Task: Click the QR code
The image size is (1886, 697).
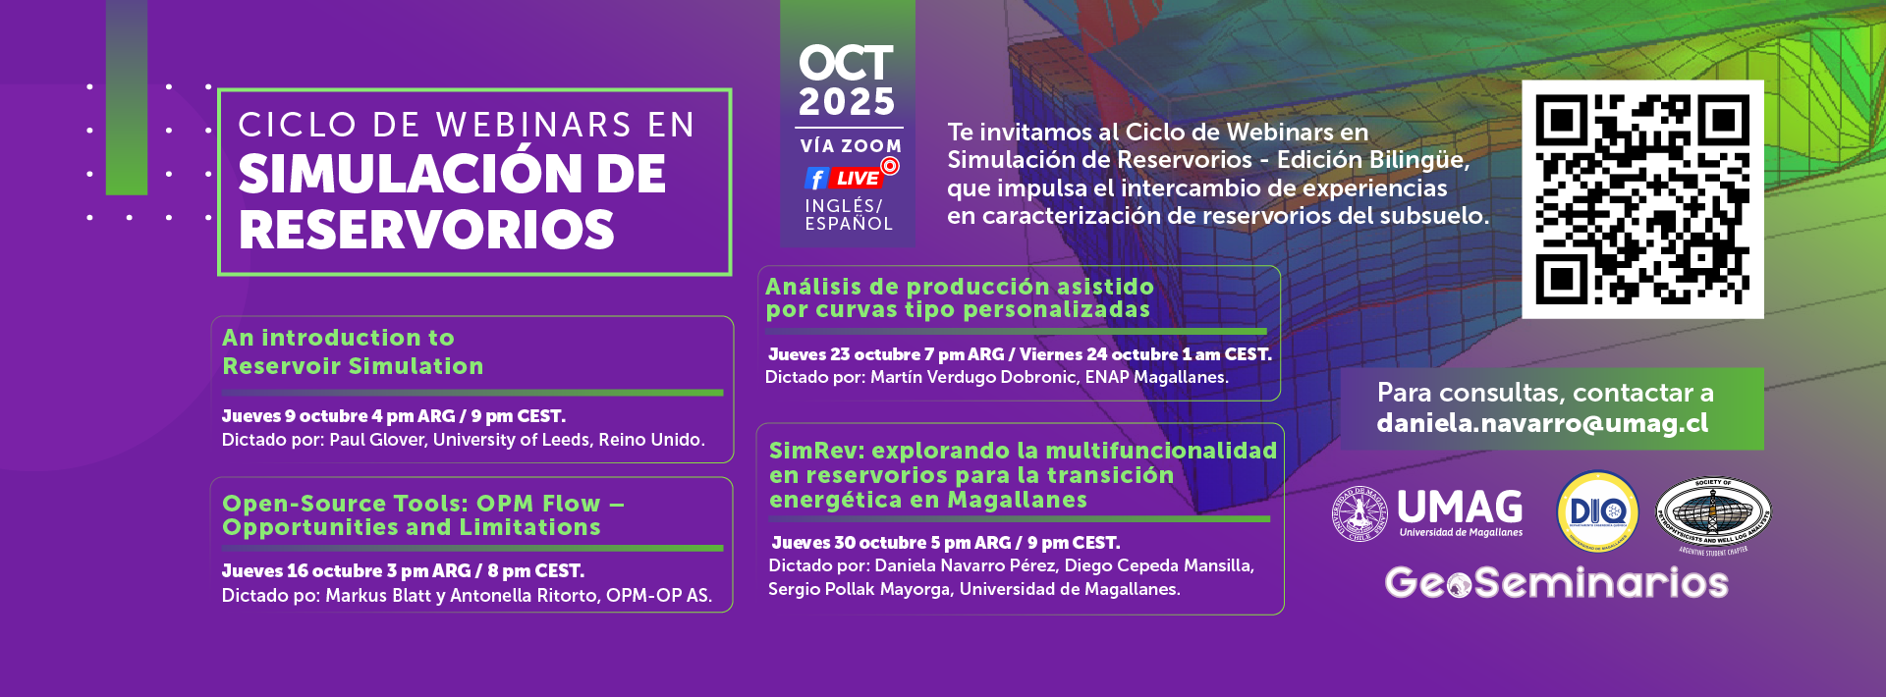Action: tap(1642, 199)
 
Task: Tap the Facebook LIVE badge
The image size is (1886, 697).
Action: tap(851, 175)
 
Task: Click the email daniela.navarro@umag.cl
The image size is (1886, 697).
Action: tap(1542, 423)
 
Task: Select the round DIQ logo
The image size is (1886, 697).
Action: tap(1597, 511)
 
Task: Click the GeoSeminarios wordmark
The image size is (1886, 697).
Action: tap(1556, 583)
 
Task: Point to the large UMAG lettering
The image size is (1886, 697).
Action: tap(1460, 507)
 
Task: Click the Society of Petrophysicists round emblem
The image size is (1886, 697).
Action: tap(1713, 513)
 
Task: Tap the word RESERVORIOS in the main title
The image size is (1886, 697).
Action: tap(426, 231)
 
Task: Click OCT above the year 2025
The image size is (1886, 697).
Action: tap(846, 64)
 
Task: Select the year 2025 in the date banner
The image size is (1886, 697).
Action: tap(847, 102)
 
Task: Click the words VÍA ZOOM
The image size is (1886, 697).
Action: tap(851, 146)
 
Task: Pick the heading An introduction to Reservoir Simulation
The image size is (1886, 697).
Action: tap(353, 351)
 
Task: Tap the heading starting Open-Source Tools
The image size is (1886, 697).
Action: tap(423, 515)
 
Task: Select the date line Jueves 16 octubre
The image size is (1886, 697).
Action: tap(403, 571)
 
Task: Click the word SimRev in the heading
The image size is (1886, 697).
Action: tap(812, 451)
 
